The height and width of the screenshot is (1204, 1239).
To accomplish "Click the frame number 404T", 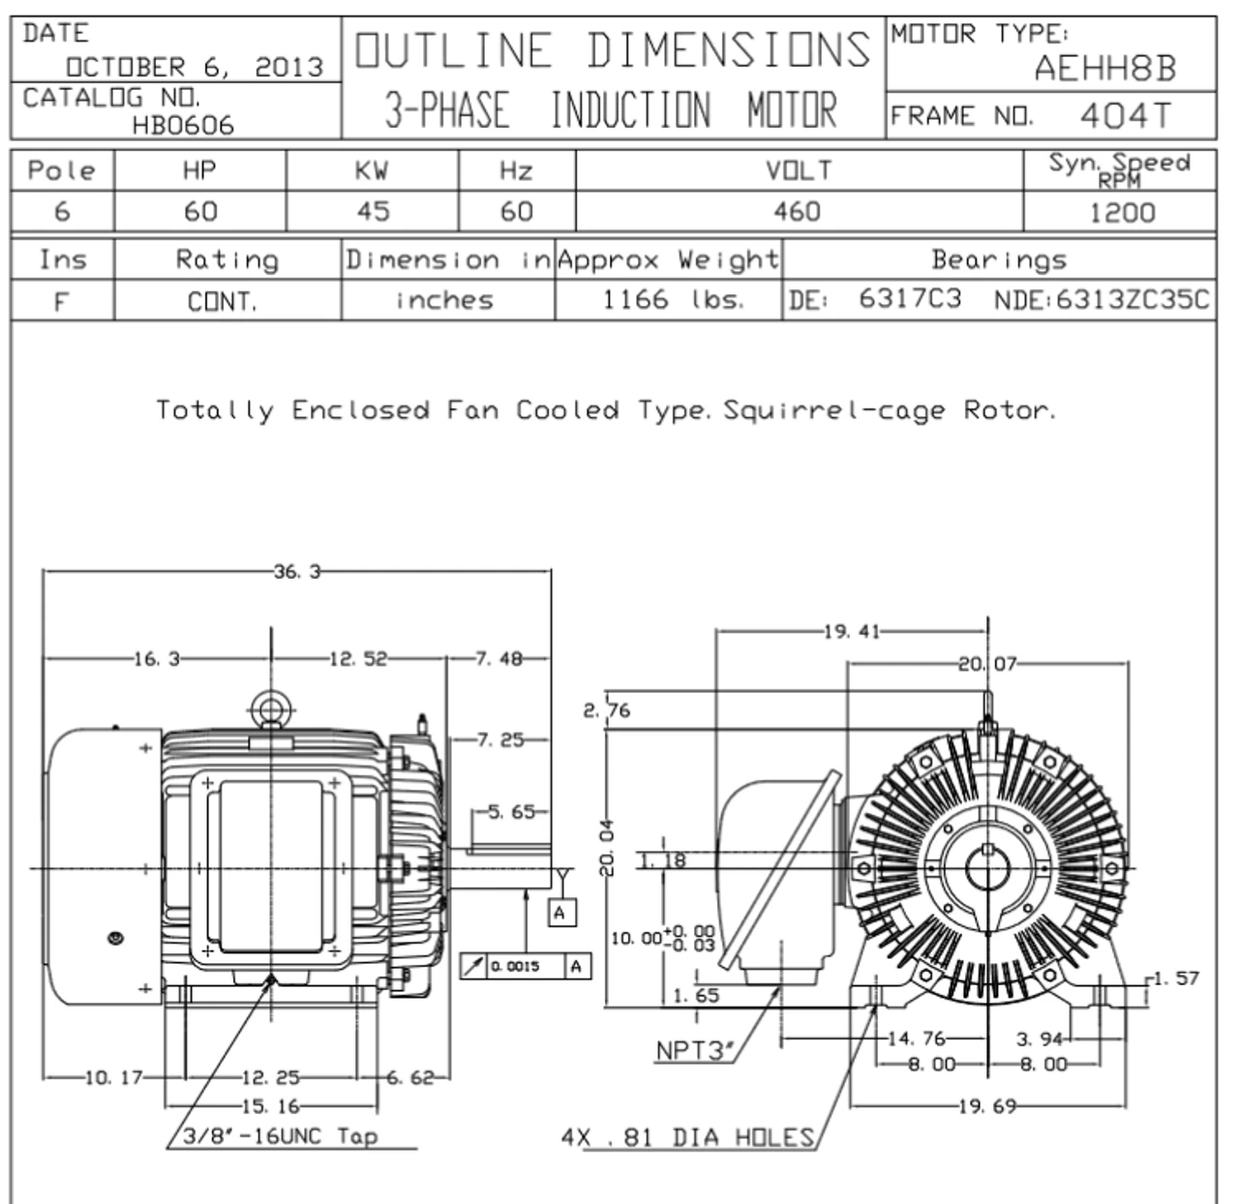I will tap(1125, 116).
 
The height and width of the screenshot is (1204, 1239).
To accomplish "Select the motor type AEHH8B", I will tap(1104, 69).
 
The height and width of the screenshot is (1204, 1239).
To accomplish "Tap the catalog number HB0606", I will tap(184, 125).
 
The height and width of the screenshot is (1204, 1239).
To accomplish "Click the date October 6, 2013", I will tap(194, 67).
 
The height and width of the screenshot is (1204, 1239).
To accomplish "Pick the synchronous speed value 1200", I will tap(1122, 212).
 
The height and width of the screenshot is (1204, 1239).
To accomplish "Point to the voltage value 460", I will tap(797, 211).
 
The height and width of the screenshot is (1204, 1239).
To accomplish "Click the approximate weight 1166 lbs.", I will tap(673, 299).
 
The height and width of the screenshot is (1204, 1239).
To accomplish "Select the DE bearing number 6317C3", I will tap(910, 299).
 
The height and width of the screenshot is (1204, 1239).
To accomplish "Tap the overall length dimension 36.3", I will tap(297, 572).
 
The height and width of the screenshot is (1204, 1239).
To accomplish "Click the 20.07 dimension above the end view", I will tap(988, 664).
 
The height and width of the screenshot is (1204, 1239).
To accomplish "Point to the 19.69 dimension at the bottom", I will tap(987, 1105).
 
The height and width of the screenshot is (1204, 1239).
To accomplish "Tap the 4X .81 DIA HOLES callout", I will tap(688, 1137).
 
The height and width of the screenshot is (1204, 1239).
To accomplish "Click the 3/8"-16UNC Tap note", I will tap(281, 1136).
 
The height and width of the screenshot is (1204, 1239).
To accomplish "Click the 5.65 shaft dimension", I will tap(509, 813).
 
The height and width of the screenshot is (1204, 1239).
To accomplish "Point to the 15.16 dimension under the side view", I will tap(270, 1105).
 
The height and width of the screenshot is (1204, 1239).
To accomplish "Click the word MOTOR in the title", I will tap(791, 110).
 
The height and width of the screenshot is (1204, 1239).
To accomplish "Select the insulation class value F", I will tap(62, 301).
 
